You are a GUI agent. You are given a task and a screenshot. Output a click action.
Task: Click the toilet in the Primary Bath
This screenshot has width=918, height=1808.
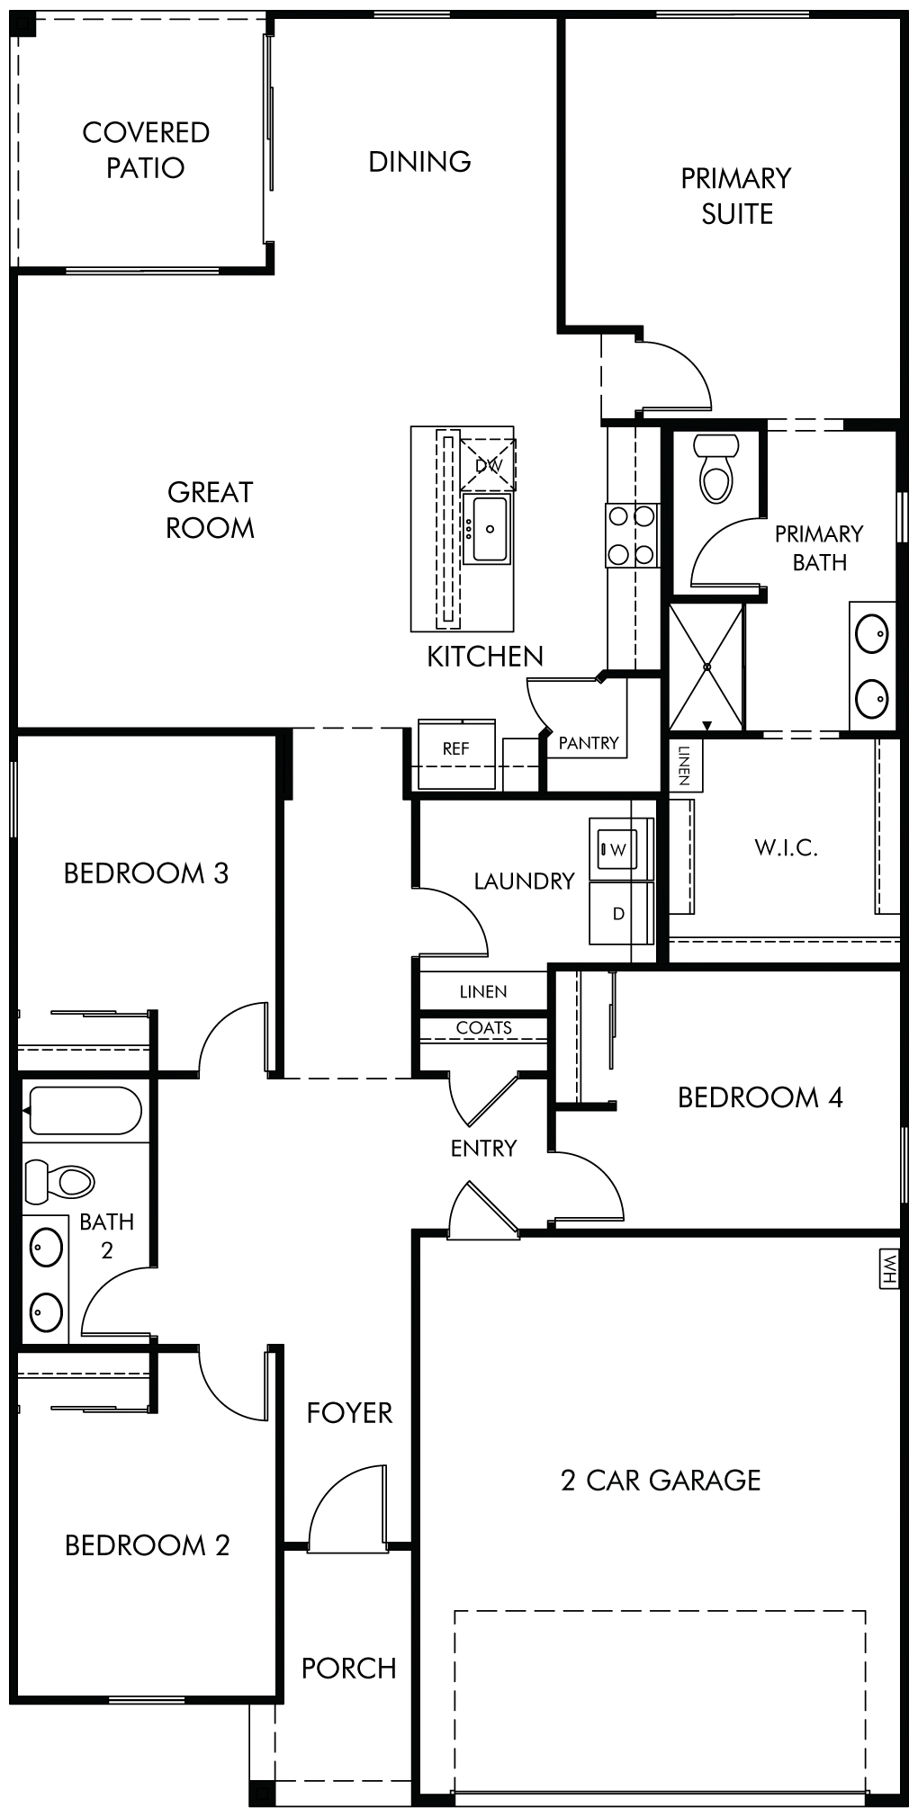tap(719, 467)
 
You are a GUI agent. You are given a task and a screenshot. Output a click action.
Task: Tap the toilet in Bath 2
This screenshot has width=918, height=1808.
tap(59, 1180)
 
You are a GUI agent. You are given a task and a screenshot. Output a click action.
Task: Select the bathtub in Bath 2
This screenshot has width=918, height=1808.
tap(83, 1110)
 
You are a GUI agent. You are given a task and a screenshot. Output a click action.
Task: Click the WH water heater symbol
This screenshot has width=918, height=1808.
tap(889, 1269)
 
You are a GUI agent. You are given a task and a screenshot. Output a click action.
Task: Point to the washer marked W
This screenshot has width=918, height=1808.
tap(618, 848)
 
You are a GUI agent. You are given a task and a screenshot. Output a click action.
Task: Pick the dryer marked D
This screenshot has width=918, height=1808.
tap(619, 913)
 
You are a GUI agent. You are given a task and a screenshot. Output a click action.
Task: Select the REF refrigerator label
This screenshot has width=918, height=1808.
tap(455, 748)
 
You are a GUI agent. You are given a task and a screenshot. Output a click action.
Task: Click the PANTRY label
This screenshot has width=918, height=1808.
tap(589, 743)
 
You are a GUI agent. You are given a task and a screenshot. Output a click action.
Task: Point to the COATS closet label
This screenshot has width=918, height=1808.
tap(484, 1027)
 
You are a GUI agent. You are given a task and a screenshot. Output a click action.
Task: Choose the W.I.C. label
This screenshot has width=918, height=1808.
tap(787, 847)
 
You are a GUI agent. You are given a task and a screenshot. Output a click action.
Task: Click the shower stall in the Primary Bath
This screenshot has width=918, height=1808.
tap(706, 667)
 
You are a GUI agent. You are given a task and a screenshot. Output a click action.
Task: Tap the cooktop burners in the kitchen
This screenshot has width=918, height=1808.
tap(632, 535)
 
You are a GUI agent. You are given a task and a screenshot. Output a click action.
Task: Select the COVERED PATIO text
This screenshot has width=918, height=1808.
tap(146, 149)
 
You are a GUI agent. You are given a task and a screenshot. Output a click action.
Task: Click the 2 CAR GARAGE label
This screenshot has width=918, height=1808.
tap(661, 1480)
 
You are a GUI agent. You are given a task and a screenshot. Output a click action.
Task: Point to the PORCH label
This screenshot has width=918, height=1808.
tap(349, 1668)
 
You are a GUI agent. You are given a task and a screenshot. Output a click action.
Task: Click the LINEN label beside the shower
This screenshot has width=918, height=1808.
tap(685, 765)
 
